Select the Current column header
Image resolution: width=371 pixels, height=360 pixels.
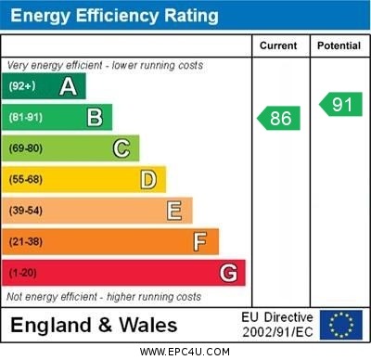click(x=278, y=45)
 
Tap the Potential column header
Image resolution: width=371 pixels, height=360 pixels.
click(x=339, y=45)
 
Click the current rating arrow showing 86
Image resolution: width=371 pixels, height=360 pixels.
click(x=279, y=119)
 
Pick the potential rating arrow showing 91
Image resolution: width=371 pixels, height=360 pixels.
click(x=340, y=104)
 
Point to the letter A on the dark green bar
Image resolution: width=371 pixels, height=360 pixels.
click(x=68, y=86)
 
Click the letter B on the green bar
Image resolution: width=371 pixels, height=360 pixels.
click(x=95, y=117)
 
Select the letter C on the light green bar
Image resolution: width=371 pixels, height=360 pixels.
click(x=121, y=148)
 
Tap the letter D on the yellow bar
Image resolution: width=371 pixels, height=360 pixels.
click(x=147, y=180)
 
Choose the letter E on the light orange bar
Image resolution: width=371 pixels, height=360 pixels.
click(x=173, y=211)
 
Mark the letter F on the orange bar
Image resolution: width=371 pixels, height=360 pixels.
click(x=199, y=242)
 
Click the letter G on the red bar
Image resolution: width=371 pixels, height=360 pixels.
click(x=228, y=274)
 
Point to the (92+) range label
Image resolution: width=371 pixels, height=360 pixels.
click(x=22, y=86)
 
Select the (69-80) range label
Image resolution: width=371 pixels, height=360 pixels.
click(x=26, y=148)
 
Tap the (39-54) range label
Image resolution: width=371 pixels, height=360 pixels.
click(x=26, y=211)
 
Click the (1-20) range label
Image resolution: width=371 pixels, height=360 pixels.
click(x=23, y=274)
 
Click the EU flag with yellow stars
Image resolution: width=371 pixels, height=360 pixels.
click(x=341, y=325)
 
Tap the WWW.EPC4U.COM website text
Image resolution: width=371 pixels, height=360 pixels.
click(x=185, y=352)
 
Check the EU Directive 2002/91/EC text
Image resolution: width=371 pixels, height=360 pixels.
click(x=278, y=325)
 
